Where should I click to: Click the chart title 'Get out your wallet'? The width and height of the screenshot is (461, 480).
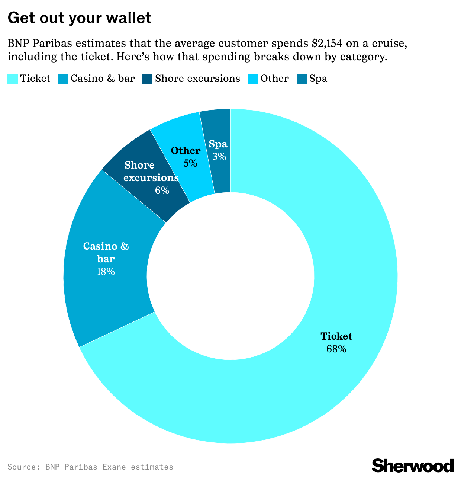80,18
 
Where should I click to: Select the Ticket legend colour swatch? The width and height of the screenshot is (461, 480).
13,79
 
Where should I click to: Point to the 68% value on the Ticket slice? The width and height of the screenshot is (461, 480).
336,349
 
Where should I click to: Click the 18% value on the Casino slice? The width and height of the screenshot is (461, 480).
106,272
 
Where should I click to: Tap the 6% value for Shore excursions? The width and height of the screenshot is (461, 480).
162,191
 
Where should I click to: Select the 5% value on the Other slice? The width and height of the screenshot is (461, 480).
190,163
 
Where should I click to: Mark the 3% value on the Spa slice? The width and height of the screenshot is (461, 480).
219,157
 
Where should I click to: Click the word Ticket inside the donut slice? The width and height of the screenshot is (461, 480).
336,336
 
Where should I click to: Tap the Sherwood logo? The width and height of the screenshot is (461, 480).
413,465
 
